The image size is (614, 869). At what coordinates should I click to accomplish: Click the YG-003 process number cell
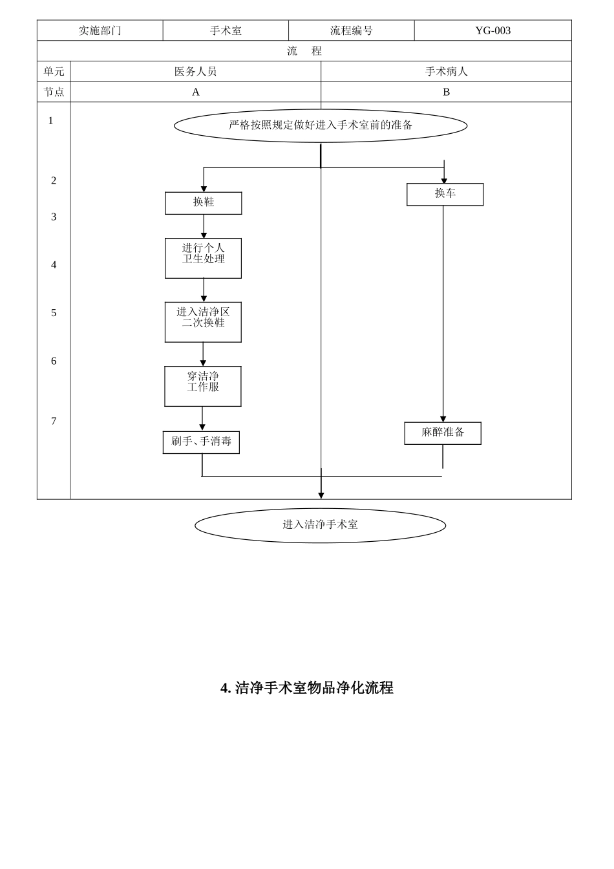pos(492,30)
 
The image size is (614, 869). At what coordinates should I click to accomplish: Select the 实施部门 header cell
pos(100,30)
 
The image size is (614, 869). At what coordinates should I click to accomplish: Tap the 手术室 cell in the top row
pos(226,30)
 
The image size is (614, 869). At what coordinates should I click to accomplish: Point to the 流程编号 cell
pos(351,30)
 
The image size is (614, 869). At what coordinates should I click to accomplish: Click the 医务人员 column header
pos(195,72)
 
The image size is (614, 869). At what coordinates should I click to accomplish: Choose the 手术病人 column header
pos(446,72)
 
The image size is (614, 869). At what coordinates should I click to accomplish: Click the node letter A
pos(195,92)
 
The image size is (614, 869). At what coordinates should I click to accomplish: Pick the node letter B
pos(446,92)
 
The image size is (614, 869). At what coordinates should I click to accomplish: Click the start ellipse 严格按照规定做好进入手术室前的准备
pos(321,125)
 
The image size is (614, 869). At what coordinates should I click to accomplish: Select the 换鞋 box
pos(203,203)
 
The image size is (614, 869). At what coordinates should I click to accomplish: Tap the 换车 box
pos(445,194)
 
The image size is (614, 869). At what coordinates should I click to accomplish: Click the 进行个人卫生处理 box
pos(203,258)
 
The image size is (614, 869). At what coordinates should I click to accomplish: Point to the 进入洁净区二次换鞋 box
pos(203,322)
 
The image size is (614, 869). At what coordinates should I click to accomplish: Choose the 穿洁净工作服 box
pos(203,386)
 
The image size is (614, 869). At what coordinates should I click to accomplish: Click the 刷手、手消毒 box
pos(201,442)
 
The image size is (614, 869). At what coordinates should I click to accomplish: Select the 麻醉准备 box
pos(443,433)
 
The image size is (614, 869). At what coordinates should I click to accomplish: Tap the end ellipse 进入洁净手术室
pos(321,525)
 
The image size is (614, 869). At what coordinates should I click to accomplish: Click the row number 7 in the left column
pos(54,422)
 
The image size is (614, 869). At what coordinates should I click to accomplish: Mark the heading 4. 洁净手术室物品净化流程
pos(307,688)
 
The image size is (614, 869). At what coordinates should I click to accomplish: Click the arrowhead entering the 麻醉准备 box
pos(443,419)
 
